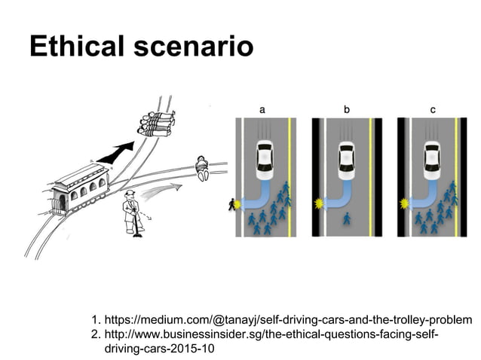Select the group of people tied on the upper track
click(x=159, y=121)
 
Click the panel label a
click(x=262, y=109)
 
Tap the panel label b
click(x=347, y=109)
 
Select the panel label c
click(x=432, y=109)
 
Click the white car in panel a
click(x=265, y=157)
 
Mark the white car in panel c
click(x=433, y=157)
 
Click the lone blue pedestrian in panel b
click(x=347, y=219)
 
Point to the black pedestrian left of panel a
click(x=231, y=204)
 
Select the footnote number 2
click(x=94, y=334)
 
